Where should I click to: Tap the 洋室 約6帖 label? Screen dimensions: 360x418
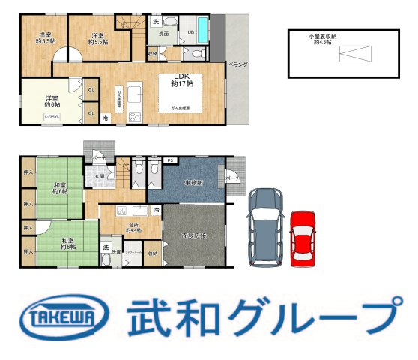tap(52, 102)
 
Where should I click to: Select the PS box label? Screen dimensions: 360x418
tap(170, 160)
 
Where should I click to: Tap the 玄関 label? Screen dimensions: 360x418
tap(99, 176)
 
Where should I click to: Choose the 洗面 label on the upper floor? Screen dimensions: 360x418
tap(163, 34)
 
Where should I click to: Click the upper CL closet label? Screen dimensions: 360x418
tap(91, 90)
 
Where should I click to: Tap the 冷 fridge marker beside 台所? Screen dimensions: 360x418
tap(156, 211)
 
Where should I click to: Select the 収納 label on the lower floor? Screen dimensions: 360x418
tap(153, 253)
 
